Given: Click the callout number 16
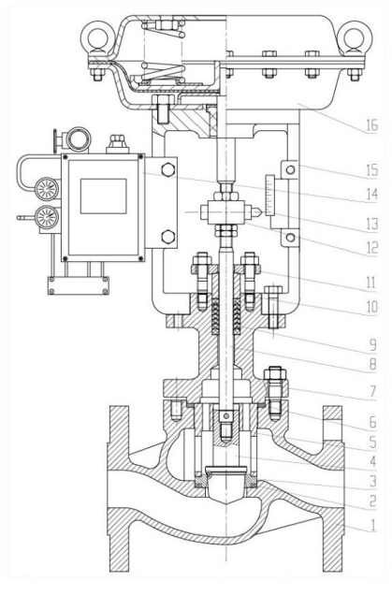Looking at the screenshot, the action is (x=372, y=125).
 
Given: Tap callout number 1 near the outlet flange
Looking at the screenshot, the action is (x=373, y=525).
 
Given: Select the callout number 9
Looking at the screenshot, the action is (x=373, y=345).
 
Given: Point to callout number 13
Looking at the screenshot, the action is (x=372, y=224).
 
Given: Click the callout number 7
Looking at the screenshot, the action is (x=373, y=391).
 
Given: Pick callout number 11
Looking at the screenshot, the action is (x=370, y=283).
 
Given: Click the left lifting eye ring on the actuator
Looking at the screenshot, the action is (x=97, y=36).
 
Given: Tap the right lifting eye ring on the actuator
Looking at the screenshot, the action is (x=356, y=36).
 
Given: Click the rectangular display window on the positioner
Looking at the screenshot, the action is (x=103, y=196).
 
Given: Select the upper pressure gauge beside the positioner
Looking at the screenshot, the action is (x=47, y=189).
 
